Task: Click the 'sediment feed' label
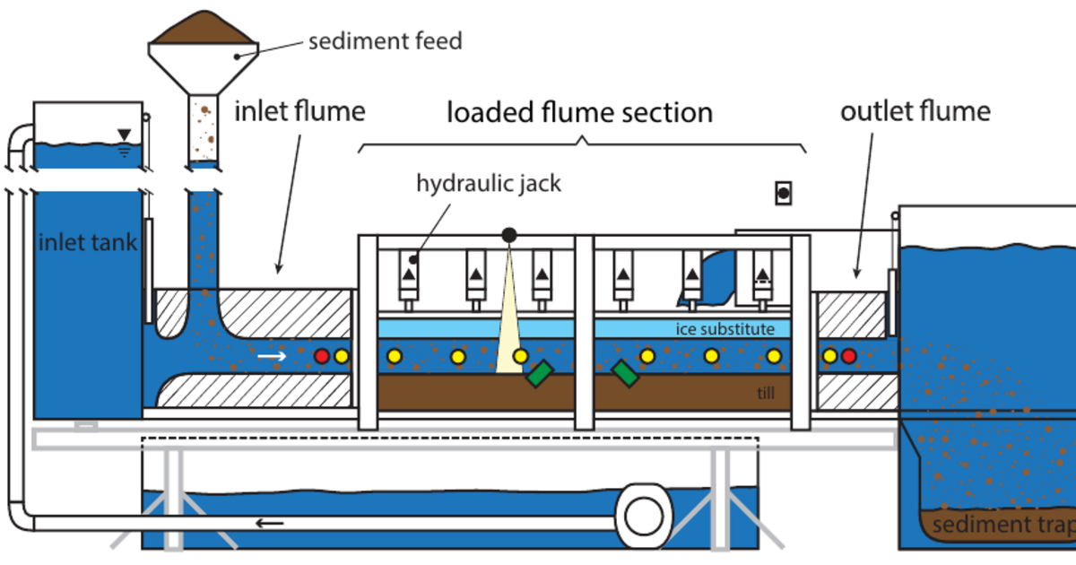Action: [x=385, y=41]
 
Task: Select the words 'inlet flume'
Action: [x=299, y=112]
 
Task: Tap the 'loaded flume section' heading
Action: [x=580, y=113]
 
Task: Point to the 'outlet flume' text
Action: [x=915, y=112]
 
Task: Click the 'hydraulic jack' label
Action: [x=489, y=184]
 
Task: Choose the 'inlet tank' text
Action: [x=87, y=242]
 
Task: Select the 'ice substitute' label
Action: [x=725, y=329]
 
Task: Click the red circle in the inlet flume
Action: [x=322, y=356]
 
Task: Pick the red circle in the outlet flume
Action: [x=848, y=356]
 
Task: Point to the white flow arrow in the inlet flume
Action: [x=273, y=356]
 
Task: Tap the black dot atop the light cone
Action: [x=509, y=235]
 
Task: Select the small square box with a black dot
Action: [x=783, y=192]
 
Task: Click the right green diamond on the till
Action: [x=625, y=373]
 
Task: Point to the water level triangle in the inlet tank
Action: [x=124, y=135]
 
